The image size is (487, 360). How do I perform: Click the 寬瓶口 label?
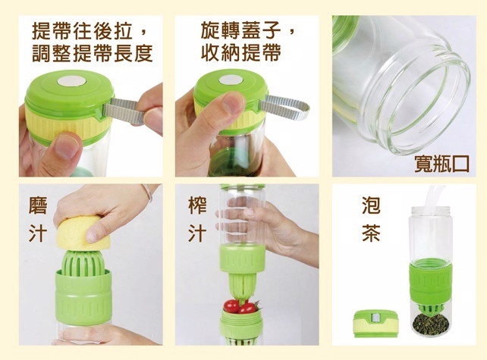point(441,163)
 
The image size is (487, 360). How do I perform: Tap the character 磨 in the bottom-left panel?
point(38,205)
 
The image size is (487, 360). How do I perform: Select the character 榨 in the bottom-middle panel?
point(197,205)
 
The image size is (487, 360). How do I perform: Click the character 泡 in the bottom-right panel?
point(371,205)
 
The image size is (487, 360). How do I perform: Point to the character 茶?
point(371,232)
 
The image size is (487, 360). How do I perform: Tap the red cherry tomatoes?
point(240,307)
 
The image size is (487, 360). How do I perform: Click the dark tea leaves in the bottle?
point(430,324)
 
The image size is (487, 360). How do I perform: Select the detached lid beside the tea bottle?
point(376,324)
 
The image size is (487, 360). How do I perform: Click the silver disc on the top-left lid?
point(71,81)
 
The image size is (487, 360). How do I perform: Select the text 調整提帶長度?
point(93,53)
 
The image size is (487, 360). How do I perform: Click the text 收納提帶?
point(241,52)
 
